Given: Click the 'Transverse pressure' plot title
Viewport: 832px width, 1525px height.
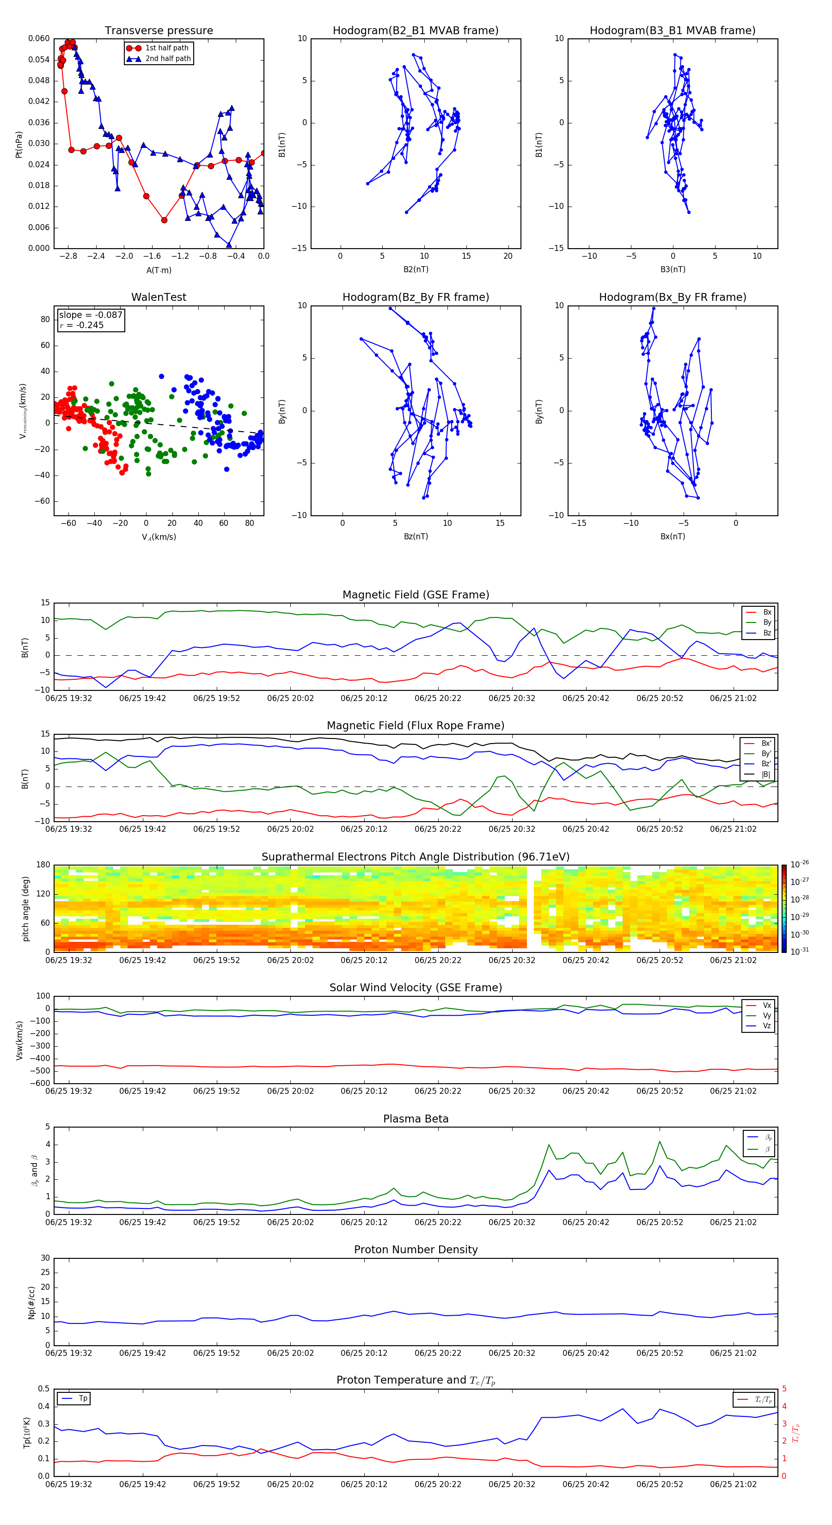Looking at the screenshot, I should click(159, 31).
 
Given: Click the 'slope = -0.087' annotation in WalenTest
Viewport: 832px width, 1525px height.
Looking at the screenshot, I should click(91, 315).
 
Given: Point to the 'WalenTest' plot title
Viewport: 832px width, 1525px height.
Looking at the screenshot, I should click(159, 297).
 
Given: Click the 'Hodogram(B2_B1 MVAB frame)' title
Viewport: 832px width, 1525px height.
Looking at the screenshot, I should click(415, 31).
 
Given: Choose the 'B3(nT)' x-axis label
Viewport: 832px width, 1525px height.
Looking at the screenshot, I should click(673, 269).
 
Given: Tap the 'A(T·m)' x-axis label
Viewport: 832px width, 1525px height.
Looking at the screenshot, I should click(159, 270).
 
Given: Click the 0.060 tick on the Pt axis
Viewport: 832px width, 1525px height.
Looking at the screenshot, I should click(39, 38).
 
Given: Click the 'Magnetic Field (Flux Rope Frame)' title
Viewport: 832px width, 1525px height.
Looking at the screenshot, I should click(415, 726).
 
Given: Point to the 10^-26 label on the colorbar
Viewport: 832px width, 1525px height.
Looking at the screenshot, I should click(800, 864).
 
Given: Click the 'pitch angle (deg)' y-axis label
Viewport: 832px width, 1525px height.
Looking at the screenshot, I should click(26, 908).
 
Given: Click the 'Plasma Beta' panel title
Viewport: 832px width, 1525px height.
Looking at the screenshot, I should click(415, 1119).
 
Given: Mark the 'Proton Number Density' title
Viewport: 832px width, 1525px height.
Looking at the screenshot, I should click(415, 1250).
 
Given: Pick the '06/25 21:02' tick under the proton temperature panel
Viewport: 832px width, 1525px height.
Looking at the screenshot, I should click(733, 1484).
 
